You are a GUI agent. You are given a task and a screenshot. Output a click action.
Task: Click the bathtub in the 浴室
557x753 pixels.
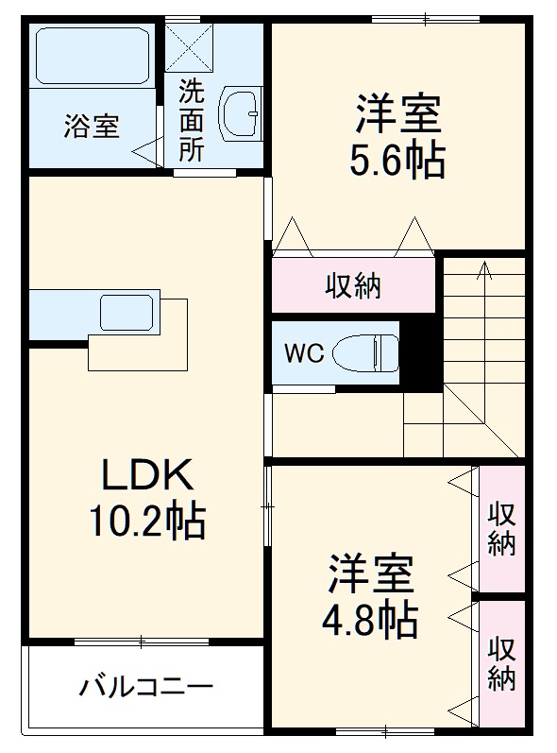coord(91,56)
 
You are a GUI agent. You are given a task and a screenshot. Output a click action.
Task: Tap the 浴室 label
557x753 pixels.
coord(92,127)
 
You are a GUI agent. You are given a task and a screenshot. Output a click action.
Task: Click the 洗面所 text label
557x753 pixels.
coord(192,122)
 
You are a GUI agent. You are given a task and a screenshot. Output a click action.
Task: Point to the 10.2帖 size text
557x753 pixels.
coord(147,520)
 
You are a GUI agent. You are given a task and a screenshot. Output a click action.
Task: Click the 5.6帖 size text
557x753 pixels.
coord(397,162)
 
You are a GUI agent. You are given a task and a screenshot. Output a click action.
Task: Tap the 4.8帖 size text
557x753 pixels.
coord(371,620)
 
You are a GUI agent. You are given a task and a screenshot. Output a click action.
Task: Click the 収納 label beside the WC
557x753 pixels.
coord(354,285)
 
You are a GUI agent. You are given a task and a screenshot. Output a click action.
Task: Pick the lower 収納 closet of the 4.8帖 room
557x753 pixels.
coord(501,663)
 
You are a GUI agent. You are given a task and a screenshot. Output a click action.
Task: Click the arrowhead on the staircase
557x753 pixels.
coord(483,269)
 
